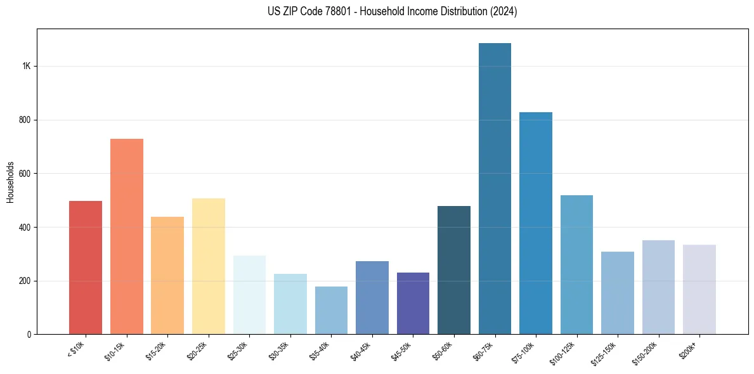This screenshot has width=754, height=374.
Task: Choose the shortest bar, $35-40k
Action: pos(331,311)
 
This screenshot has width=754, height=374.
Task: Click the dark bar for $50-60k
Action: pos(454,270)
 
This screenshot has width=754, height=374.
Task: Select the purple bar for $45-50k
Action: pos(413,304)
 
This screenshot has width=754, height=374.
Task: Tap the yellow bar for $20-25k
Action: pos(209,266)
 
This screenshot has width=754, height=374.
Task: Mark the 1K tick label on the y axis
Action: pos(26,67)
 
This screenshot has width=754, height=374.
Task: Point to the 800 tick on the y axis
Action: pos(25,120)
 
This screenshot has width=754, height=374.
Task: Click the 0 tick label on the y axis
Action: pos(29,334)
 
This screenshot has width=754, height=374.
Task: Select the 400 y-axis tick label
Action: pos(25,227)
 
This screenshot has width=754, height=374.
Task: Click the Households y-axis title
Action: pos(10,181)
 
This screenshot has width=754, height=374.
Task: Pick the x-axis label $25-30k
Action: pos(239,349)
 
